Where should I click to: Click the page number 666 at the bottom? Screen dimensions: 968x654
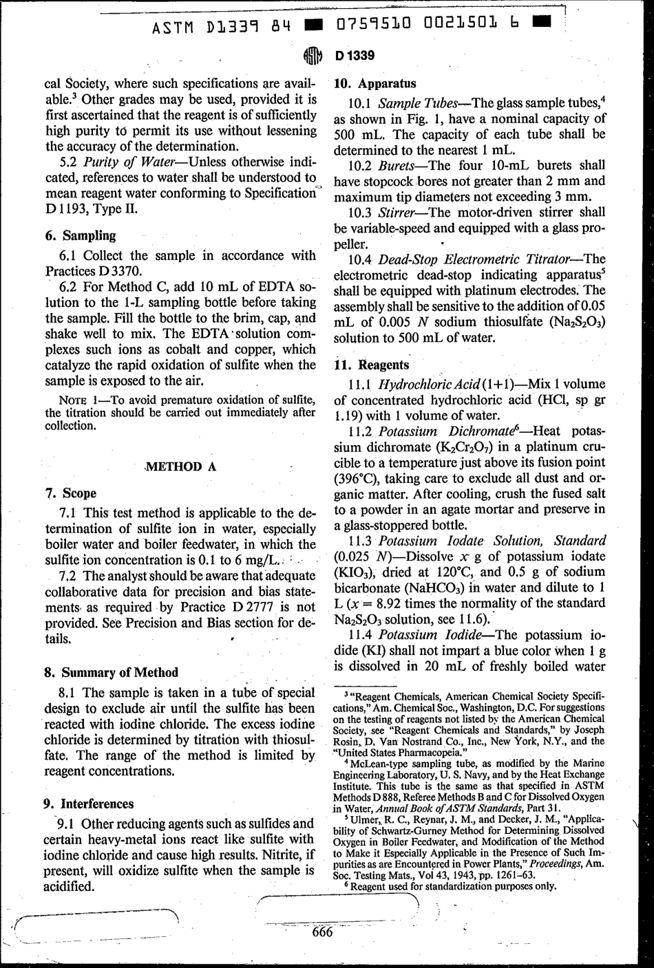point(322,932)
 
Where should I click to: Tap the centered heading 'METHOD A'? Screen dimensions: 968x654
point(181,466)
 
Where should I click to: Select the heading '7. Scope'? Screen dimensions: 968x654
point(70,493)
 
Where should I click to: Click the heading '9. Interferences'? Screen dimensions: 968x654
point(89,803)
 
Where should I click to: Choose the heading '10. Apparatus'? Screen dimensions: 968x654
point(375,84)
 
